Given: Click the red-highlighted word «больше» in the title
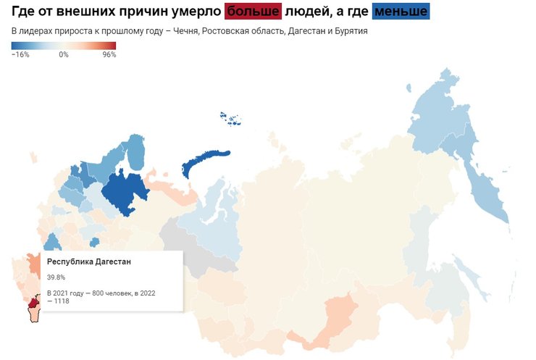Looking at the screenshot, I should [252, 12].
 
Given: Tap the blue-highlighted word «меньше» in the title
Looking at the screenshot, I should [401, 12].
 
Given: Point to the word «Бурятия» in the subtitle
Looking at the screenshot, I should [348, 32].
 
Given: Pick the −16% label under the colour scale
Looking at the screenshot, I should [20, 54].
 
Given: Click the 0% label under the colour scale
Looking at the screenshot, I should [64, 54].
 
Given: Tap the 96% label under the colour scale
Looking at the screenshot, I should [109, 54].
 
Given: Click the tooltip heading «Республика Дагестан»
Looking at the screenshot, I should [89, 261].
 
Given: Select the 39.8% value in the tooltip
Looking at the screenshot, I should [56, 277].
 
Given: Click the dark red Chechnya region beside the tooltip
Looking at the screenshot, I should [34, 300].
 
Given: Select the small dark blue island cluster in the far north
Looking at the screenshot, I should [233, 119].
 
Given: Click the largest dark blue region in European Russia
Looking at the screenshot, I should [123, 192].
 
